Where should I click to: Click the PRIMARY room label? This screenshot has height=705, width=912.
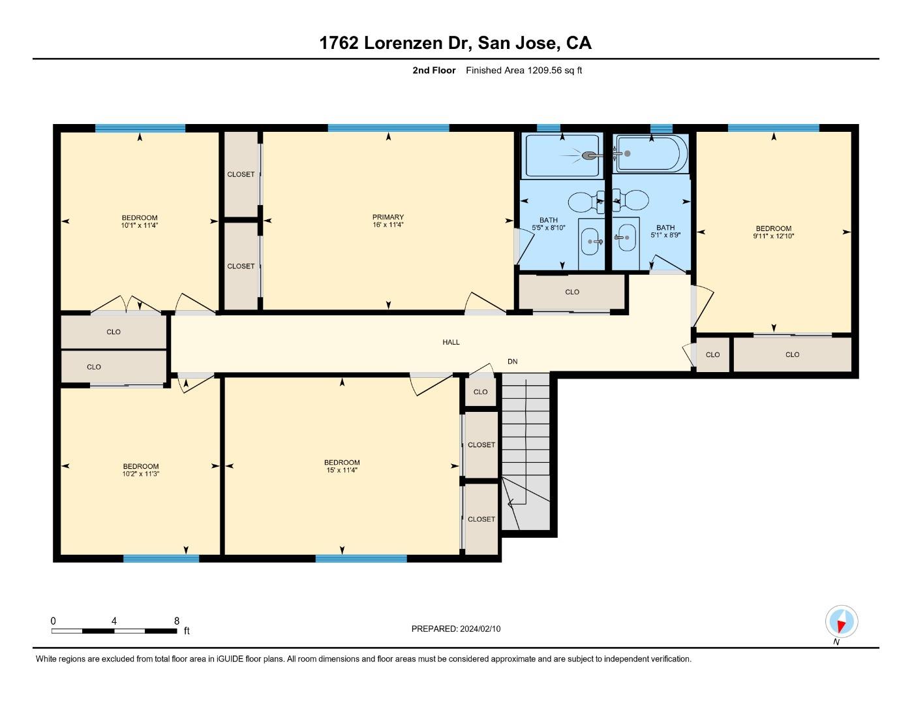[x=388, y=217]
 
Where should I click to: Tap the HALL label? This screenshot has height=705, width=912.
[x=451, y=342]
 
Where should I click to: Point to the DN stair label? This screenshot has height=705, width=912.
[x=513, y=362]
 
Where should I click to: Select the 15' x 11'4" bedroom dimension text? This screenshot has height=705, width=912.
[x=342, y=470]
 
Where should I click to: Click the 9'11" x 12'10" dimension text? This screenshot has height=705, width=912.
[x=774, y=236]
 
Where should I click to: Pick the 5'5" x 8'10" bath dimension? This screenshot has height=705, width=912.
[x=549, y=228]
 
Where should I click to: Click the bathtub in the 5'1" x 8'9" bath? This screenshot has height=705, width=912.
[x=651, y=153]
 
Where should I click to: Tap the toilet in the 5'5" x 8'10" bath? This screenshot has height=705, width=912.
[x=586, y=202]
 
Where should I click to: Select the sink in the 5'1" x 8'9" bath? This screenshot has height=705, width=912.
[x=627, y=238]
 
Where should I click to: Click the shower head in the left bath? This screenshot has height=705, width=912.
[x=588, y=155]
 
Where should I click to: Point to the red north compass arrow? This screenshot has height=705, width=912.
[x=841, y=627]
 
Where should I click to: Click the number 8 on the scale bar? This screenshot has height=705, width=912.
[x=177, y=621]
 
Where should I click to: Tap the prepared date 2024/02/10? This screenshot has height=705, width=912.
[x=480, y=629]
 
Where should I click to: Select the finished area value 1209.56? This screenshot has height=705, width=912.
[x=544, y=70]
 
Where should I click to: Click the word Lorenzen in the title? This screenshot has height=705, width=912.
[x=403, y=43]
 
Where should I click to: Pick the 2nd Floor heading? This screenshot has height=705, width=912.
[x=434, y=70]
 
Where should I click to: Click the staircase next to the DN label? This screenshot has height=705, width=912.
[x=526, y=451]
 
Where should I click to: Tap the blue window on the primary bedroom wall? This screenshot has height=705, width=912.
[x=388, y=128]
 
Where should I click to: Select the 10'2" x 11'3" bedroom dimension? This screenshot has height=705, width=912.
[x=141, y=474]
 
